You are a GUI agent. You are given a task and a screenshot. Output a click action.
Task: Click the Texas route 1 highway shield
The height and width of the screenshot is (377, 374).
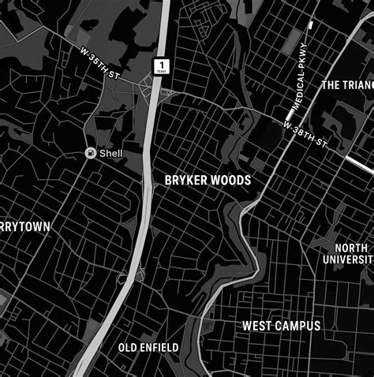coord(162,65)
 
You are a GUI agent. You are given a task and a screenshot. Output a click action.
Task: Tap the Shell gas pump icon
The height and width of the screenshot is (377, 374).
coord(91,153)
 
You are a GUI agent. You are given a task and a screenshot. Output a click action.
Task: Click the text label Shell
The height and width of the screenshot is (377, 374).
coord(111,153)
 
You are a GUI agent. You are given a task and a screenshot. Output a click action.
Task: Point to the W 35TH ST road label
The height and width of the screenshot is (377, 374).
coord(100,62)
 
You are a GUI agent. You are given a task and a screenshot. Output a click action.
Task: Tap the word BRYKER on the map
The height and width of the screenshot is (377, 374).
coord(186,181)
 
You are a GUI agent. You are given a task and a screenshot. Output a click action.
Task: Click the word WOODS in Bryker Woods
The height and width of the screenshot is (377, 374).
coord(231,181)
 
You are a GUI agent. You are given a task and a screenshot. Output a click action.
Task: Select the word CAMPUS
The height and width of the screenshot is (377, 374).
coord(297,326)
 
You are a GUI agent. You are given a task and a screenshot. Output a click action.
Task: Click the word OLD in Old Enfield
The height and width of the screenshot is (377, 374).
coord(129,348)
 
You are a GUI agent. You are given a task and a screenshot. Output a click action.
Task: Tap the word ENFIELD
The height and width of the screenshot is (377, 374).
coord(160,348)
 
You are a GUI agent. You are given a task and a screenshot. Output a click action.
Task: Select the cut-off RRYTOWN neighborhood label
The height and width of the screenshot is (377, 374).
coord(25,227)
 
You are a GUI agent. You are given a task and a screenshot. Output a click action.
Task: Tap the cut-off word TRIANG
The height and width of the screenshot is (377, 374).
coord(358,84)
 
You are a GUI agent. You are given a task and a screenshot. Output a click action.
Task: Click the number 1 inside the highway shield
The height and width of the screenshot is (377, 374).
coord(162,62)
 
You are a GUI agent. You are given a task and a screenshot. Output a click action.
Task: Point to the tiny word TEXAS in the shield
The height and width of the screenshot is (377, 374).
coord(162,70)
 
